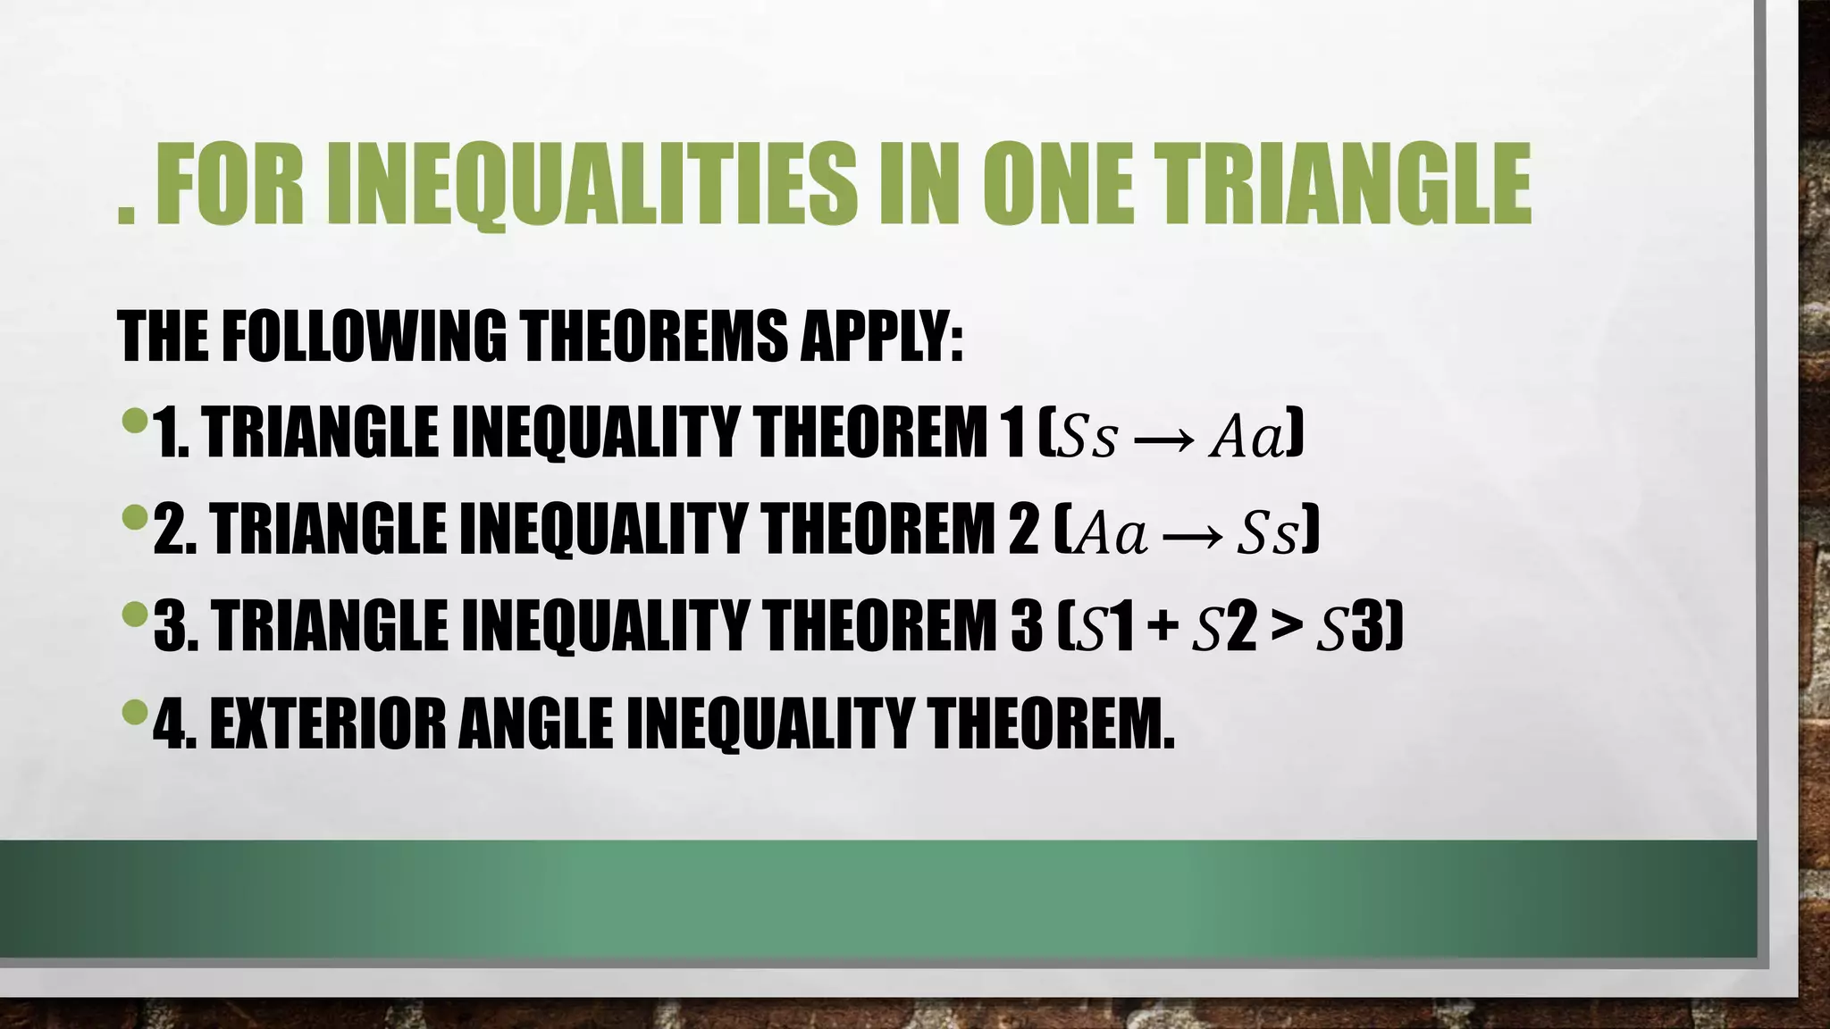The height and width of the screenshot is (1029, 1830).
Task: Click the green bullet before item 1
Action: [133, 420]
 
